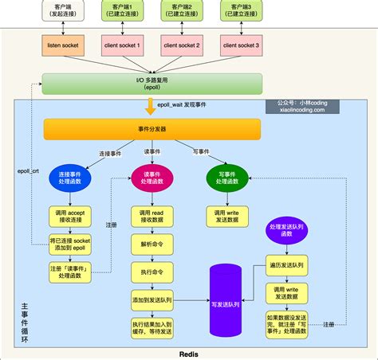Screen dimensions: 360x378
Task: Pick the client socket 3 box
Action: (242, 46)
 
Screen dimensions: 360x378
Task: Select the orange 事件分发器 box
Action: (152, 130)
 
